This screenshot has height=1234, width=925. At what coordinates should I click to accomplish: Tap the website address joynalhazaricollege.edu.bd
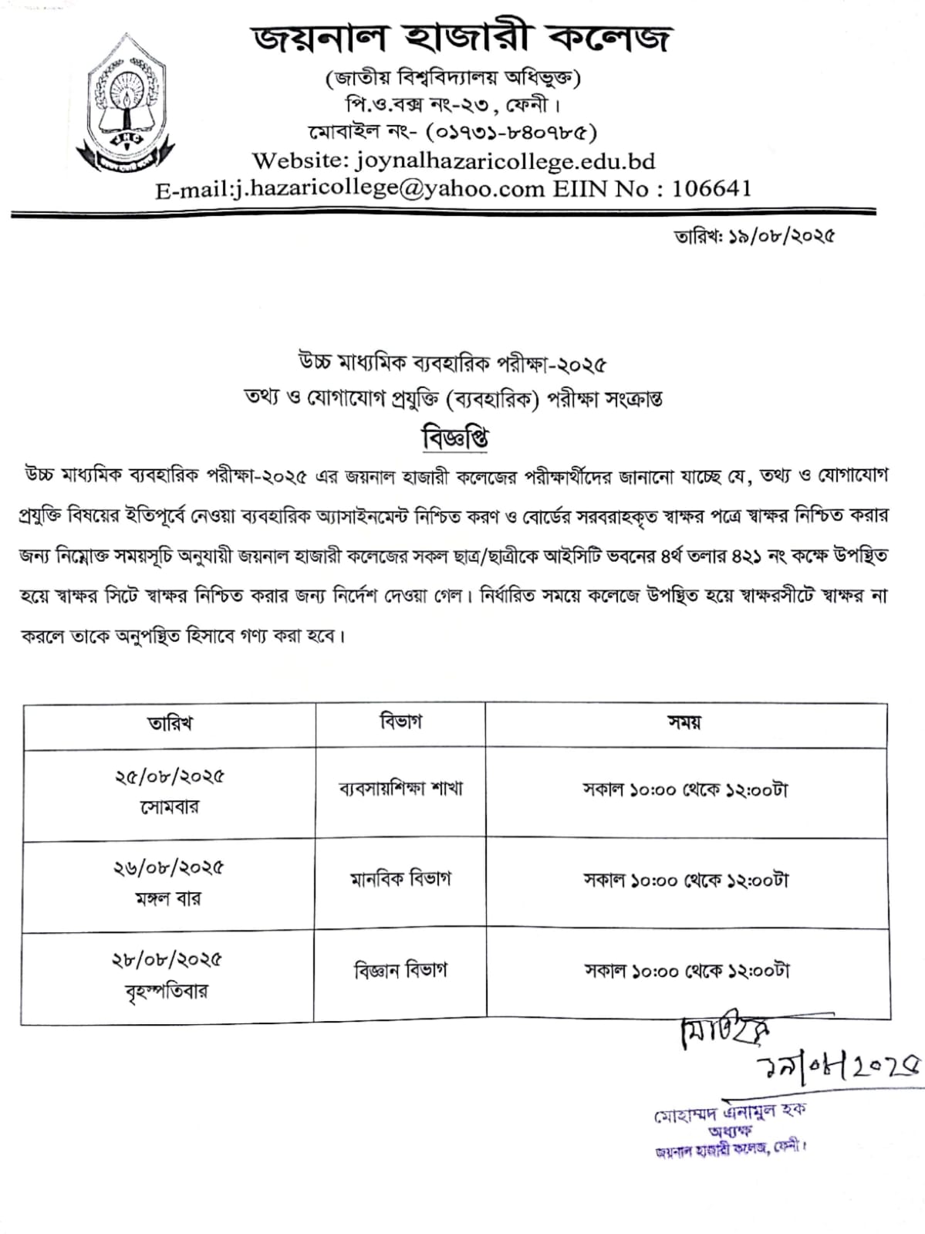pos(505,161)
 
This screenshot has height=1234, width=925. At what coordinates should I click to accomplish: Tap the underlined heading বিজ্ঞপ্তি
pos(454,438)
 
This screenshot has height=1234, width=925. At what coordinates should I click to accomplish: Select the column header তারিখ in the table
pos(170,723)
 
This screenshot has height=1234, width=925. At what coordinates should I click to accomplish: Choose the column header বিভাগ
pos(400,722)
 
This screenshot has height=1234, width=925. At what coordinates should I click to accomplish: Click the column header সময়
pos(684,722)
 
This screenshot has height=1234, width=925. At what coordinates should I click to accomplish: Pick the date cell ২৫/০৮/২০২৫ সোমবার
pos(170,792)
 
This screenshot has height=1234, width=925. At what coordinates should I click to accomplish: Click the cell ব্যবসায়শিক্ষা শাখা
pos(400,789)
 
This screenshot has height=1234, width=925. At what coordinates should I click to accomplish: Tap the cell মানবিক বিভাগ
pos(400,879)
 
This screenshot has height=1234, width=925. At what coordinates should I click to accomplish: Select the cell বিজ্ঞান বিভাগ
pos(400,970)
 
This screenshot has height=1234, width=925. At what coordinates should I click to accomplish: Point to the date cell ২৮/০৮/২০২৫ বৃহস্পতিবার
pos(167,975)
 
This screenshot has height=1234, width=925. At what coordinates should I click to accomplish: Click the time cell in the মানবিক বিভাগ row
pos(686,881)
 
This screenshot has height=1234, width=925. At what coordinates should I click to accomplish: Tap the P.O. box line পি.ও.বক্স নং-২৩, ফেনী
pos(452,103)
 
